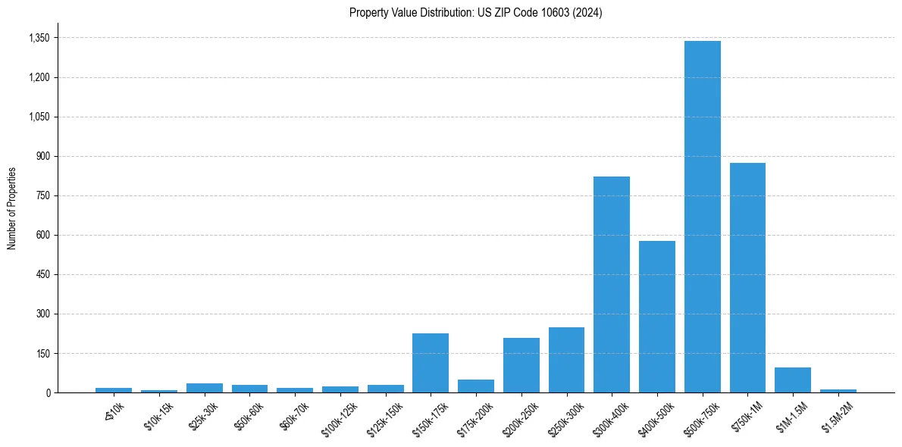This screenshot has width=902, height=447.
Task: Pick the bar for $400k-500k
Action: [x=656, y=317]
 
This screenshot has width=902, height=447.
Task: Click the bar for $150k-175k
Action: [x=431, y=363]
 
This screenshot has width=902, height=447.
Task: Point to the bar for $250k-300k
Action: [x=566, y=360]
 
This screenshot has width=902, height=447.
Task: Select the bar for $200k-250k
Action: [x=521, y=365]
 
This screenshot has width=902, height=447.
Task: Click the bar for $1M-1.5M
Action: [x=793, y=380]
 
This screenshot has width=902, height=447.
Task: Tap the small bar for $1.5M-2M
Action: [x=838, y=391]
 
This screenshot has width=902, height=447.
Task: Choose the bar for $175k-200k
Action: [x=476, y=386]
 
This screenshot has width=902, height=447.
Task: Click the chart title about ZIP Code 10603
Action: [x=476, y=13]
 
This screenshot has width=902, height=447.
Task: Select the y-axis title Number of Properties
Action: [x=11, y=208]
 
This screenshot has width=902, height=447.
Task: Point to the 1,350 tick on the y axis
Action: [x=39, y=38]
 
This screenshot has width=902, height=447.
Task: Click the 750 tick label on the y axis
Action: [x=43, y=195]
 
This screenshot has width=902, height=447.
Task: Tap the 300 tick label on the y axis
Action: [x=43, y=314]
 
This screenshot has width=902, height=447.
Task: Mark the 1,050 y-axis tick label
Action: [x=39, y=117]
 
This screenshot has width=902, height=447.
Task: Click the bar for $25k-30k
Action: [x=205, y=388]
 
